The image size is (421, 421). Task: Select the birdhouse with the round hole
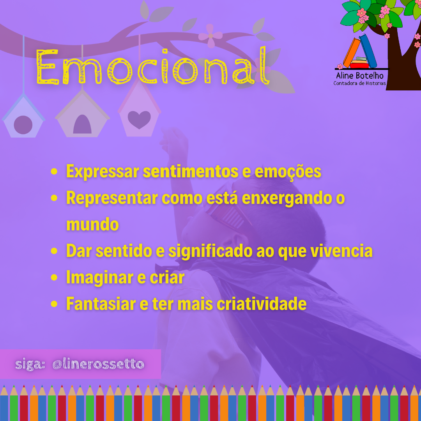23,116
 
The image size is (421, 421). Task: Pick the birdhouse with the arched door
82,114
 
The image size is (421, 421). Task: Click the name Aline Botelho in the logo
360,76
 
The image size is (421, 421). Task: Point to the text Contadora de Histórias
359,83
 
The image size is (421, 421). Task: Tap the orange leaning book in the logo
352,53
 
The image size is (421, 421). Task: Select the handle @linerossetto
98,364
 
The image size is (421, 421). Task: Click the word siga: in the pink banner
30,364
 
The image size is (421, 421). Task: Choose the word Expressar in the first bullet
103,171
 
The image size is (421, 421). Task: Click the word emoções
288,171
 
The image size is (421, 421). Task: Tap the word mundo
92,225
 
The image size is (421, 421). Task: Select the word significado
210,251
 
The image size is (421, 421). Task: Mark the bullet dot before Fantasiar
54,304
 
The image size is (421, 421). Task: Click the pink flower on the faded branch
210,36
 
